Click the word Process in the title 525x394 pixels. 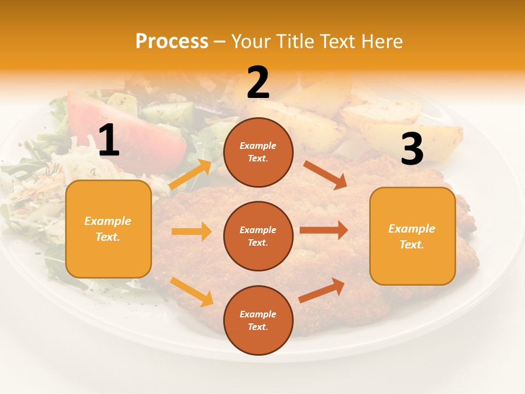(172, 41)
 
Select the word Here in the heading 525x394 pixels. (381, 41)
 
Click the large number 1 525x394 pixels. (109, 141)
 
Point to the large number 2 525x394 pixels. (258, 83)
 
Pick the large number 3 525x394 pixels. (412, 149)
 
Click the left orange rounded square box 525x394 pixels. (108, 229)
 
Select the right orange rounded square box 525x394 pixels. (412, 236)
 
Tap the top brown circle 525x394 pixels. (258, 152)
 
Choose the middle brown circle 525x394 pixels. (258, 236)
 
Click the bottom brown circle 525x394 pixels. (258, 320)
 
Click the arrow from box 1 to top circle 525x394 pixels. (190, 174)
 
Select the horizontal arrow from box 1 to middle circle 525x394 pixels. (191, 231)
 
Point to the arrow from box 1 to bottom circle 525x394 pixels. (191, 292)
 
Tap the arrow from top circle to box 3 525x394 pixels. (325, 175)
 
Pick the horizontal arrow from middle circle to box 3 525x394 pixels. (324, 230)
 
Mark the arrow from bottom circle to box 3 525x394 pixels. (322, 290)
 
